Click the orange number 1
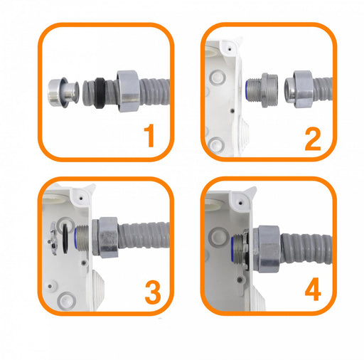click(149, 136)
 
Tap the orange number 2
click(313, 139)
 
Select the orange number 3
click(153, 292)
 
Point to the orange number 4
click(313, 290)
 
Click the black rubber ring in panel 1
click(101, 92)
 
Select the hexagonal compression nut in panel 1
click(127, 91)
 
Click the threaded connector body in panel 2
click(262, 90)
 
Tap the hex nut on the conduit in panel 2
click(299, 89)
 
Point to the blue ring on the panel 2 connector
click(247, 90)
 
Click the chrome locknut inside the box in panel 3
click(53, 238)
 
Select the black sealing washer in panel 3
click(65, 238)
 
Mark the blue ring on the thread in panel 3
click(76, 238)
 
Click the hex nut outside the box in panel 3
click(108, 237)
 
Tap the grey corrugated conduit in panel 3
click(144, 236)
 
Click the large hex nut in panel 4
click(267, 249)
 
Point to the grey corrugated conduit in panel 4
click(306, 248)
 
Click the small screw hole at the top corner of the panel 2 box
click(230, 49)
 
